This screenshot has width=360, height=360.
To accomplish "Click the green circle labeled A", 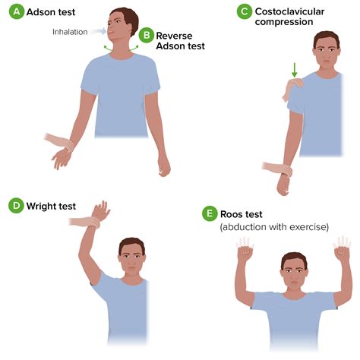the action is [x=17, y=11].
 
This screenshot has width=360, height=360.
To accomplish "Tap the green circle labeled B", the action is [x=147, y=35].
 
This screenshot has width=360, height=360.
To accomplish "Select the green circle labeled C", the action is [x=245, y=11].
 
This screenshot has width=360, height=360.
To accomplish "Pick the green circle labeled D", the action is [x=16, y=206].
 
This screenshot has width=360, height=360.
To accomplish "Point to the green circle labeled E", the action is [x=210, y=213].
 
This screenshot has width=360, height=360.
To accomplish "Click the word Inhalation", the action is [x=70, y=32].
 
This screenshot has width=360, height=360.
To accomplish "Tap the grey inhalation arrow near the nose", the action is [x=99, y=31].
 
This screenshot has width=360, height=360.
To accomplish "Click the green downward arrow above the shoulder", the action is [x=294, y=70].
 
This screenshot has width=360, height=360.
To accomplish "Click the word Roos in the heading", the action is [x=231, y=214].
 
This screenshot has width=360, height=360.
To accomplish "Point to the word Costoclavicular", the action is [x=289, y=11].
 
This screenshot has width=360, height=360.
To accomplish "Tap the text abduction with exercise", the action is [x=274, y=227].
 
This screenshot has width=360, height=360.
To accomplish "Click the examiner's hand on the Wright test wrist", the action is [x=86, y=222].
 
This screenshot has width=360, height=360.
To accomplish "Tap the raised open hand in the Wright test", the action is [x=101, y=210].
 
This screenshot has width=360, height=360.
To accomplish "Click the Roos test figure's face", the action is [x=294, y=275].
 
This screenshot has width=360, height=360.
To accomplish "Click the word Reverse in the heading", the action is [x=174, y=36].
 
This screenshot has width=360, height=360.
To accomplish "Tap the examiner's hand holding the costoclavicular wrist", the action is [x=278, y=169].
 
